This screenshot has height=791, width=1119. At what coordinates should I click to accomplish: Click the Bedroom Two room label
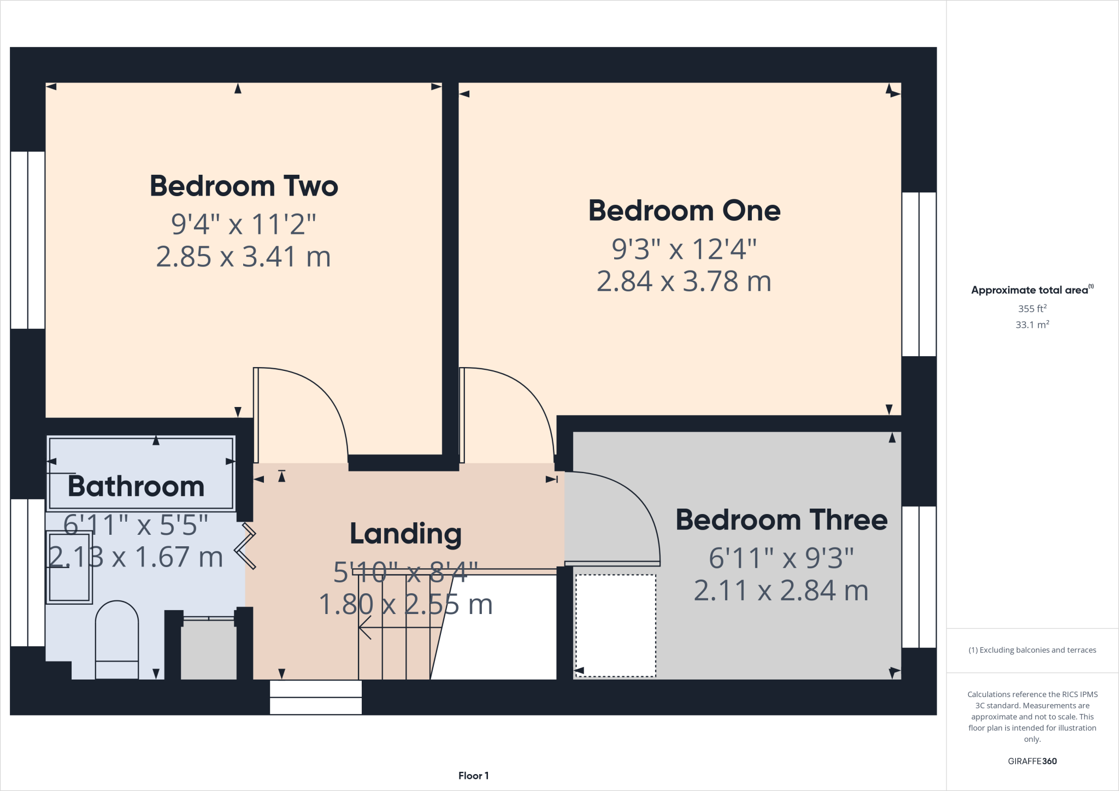tap(244, 186)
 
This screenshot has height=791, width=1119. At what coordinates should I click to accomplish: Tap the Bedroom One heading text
tap(684, 211)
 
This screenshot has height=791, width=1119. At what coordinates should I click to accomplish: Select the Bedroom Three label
tap(781, 520)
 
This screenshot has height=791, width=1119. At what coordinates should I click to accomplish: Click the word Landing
tap(405, 534)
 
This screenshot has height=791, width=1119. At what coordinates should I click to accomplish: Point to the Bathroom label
tap(136, 486)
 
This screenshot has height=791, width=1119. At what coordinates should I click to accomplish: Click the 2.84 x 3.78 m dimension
tap(684, 281)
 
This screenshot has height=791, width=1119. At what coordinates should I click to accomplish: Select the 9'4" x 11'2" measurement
tap(244, 224)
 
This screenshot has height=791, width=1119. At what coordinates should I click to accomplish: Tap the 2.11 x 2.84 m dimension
tap(781, 591)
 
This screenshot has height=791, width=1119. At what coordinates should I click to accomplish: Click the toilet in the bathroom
tap(117, 639)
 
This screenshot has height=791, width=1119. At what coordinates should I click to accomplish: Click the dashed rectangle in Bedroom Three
tap(615, 625)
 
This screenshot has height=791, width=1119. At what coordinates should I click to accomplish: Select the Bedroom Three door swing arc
tap(634, 497)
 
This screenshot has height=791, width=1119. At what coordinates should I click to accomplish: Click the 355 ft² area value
tap(1032, 309)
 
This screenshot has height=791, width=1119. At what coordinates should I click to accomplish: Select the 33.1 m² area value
tap(1032, 325)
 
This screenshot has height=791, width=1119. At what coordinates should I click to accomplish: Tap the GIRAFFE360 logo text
tap(1032, 761)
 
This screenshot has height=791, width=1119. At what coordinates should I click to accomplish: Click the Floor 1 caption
tap(473, 776)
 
